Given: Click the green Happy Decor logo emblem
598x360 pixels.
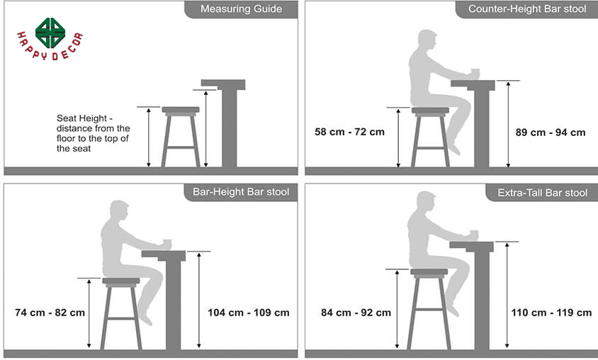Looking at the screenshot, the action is click(x=50, y=33).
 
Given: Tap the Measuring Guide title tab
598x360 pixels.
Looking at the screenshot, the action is click(x=241, y=9).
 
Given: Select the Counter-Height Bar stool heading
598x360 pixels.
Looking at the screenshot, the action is click(x=527, y=9).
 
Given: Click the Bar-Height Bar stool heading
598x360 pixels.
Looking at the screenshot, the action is click(x=241, y=192).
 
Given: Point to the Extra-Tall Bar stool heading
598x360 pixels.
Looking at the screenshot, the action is click(x=542, y=193).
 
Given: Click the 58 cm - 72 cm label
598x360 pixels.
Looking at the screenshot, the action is click(x=350, y=132).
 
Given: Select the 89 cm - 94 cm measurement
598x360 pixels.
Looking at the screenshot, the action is click(x=551, y=133).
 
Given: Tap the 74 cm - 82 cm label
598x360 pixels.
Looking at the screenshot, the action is click(x=50, y=313).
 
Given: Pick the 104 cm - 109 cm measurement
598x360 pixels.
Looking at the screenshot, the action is click(x=249, y=313).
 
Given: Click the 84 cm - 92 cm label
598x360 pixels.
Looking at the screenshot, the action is click(x=356, y=313).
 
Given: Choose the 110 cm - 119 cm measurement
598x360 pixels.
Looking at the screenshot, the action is click(x=551, y=313).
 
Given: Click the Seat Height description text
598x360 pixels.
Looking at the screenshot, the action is click(x=93, y=133).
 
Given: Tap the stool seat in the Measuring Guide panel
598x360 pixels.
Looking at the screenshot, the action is click(x=181, y=111).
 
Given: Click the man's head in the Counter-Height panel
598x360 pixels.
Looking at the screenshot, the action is click(x=427, y=40).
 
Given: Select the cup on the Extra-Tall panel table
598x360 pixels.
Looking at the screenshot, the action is click(x=474, y=235).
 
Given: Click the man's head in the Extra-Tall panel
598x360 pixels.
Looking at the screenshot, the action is click(x=426, y=202).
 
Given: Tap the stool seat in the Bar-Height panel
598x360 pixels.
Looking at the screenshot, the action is click(x=121, y=281).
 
